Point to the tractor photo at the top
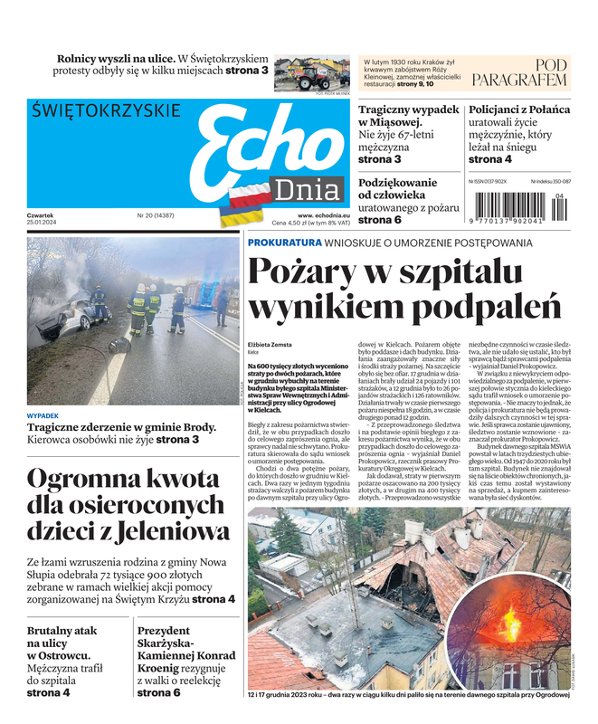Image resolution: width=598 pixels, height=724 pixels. (x=312, y=73)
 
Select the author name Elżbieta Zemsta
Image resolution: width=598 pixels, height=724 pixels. (x=273, y=344)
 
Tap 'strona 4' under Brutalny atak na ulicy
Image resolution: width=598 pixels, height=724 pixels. (x=48, y=692)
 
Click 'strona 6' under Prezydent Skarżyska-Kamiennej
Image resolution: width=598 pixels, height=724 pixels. (x=158, y=692)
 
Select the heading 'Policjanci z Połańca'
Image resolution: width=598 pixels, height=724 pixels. (x=519, y=110)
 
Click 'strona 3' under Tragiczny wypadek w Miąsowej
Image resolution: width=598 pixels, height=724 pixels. (x=379, y=159)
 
